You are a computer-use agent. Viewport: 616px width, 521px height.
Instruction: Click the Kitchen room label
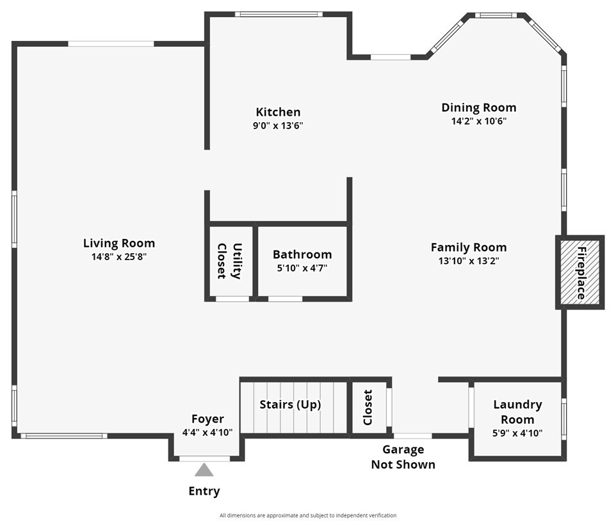pyautogui.click(x=278, y=112)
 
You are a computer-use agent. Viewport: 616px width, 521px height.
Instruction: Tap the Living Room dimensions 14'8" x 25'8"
pyautogui.click(x=119, y=257)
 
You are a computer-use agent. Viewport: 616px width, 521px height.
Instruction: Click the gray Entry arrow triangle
pyautogui.click(x=204, y=470)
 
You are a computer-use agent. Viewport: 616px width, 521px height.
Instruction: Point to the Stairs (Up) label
pyautogui.click(x=290, y=404)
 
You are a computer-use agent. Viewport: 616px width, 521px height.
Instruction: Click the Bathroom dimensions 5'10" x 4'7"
pyautogui.click(x=302, y=268)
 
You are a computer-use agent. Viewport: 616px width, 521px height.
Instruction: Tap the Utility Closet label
pyautogui.click(x=229, y=261)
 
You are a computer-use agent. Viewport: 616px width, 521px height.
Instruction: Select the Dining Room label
pyautogui.click(x=478, y=107)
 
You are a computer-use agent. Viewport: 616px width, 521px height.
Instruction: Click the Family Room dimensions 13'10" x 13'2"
pyautogui.click(x=468, y=261)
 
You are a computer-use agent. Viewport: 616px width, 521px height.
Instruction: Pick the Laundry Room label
pyautogui.click(x=517, y=412)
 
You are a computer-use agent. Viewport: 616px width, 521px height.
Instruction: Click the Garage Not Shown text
pyautogui.click(x=403, y=457)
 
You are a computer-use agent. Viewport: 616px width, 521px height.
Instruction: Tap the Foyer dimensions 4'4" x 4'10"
pyautogui.click(x=207, y=433)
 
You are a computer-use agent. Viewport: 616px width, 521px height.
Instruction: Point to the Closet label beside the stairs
pyautogui.click(x=368, y=407)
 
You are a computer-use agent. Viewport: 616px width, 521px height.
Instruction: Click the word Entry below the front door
pyautogui.click(x=204, y=491)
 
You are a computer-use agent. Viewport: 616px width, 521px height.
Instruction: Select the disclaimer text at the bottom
pyautogui.click(x=308, y=515)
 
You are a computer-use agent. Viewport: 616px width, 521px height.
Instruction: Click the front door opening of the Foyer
pyautogui.click(x=204, y=458)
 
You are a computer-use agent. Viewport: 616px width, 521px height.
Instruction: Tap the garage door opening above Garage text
pyautogui.click(x=412, y=436)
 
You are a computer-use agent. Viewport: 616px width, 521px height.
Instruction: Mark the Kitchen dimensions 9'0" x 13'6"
pyautogui.click(x=278, y=126)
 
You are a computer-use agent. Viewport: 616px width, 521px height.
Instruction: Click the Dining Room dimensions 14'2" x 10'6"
pyautogui.click(x=478, y=121)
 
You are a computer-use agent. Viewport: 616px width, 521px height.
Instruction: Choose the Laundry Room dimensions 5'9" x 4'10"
pyautogui.click(x=517, y=433)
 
